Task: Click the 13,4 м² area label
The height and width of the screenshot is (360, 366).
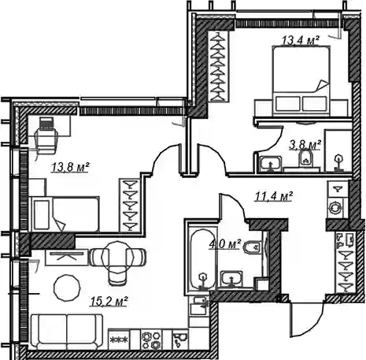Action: [x=301, y=40]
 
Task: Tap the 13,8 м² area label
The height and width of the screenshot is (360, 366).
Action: [x=71, y=167]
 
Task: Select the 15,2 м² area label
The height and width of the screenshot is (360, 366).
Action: [x=109, y=301]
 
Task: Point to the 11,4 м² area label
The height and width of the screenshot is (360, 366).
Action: [x=274, y=196]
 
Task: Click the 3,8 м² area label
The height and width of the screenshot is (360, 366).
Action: [x=305, y=145]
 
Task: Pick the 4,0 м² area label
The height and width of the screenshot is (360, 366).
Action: [x=225, y=244]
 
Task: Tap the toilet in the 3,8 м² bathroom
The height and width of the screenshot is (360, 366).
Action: [x=305, y=158]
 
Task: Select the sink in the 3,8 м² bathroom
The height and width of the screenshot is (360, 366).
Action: [x=270, y=164]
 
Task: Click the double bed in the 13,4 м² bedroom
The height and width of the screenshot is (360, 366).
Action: [x=301, y=81]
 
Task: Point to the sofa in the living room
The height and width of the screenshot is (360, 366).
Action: [x=67, y=332]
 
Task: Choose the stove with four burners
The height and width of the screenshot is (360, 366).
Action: [x=151, y=340]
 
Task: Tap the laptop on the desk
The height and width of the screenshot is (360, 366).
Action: [x=46, y=124]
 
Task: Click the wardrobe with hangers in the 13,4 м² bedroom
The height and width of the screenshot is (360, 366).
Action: [x=219, y=66]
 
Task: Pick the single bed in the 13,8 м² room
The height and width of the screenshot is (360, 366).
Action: [x=65, y=214]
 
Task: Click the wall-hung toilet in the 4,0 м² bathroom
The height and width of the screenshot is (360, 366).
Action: [x=253, y=247]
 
